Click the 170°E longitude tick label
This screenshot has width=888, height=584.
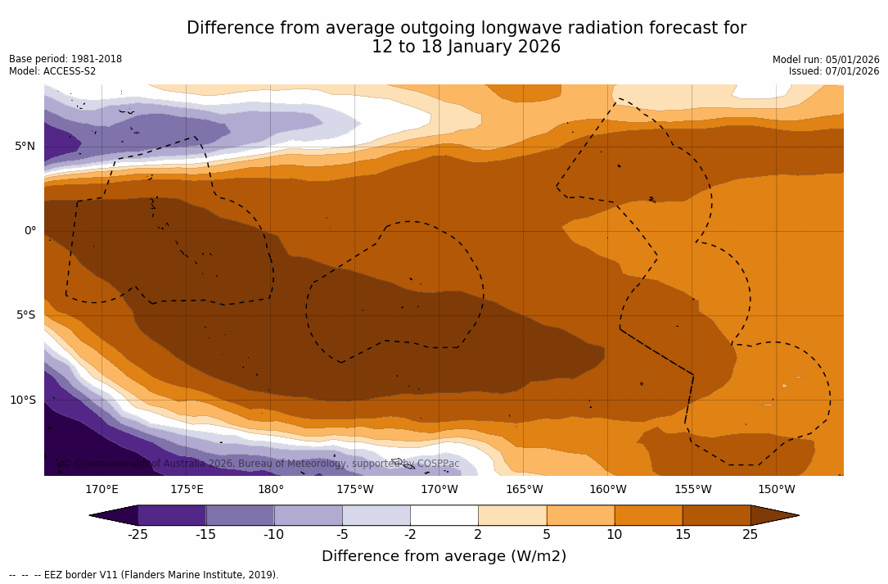[101, 490]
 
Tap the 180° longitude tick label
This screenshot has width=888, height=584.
[271, 490]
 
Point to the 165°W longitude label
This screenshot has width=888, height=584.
[524, 490]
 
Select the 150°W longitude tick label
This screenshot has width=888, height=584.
[776, 490]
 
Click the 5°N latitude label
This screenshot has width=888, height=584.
[25, 147]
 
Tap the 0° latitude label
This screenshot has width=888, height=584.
[29, 231]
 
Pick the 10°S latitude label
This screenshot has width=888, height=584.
[22, 401]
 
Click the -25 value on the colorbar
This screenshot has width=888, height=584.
[137, 535]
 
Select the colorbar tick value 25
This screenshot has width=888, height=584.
[750, 535]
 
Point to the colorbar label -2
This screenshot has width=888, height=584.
[410, 535]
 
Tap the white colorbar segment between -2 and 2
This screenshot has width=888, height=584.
[444, 515]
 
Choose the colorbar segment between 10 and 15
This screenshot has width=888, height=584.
[648, 515]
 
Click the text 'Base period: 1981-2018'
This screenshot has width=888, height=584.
[65, 59]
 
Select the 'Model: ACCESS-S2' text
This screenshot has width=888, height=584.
[52, 71]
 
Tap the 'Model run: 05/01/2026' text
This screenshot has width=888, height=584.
[826, 60]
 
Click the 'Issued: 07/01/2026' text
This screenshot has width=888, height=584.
[834, 71]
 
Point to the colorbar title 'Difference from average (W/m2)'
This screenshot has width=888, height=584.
[444, 557]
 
